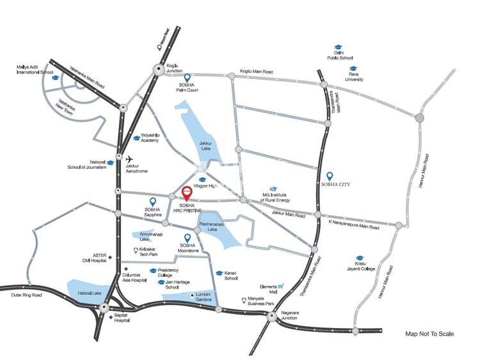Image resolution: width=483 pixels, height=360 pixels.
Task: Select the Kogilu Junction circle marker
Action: coord(158,71)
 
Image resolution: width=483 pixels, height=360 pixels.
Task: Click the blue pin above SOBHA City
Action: coord(330,176)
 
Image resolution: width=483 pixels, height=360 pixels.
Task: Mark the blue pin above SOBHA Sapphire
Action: coord(152,201)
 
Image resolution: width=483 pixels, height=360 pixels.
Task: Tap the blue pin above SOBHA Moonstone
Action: coord(187,238)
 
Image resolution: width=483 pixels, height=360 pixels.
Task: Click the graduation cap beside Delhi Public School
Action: coord(337,47)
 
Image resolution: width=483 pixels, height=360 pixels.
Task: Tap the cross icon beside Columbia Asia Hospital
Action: coord(127,268)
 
